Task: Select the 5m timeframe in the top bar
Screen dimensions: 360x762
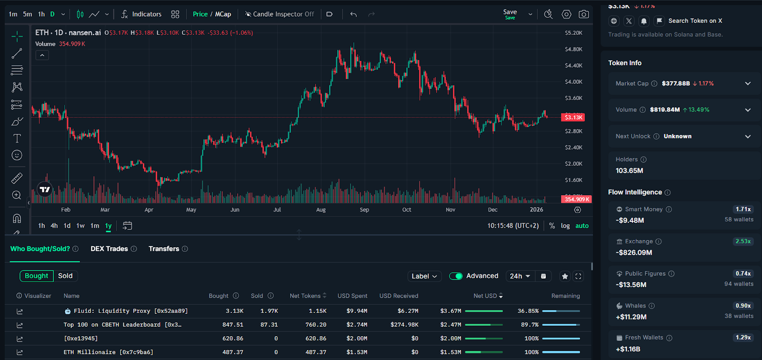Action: (28, 14)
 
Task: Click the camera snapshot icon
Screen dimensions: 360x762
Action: (583, 14)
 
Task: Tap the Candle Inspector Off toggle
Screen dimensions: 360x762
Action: (280, 14)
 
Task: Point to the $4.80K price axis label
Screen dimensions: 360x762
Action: (573, 50)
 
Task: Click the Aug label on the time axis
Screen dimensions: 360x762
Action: (321, 210)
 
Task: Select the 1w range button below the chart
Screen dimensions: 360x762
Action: (80, 226)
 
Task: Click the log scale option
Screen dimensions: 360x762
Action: (565, 226)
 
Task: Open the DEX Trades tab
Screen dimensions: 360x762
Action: (110, 249)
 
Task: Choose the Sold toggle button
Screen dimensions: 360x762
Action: (65, 276)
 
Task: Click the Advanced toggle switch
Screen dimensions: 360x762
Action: (456, 276)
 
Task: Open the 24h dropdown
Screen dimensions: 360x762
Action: (520, 276)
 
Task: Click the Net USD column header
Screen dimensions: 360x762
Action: (485, 296)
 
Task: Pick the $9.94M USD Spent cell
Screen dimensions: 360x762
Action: (357, 311)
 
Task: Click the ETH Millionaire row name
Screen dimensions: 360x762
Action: (108, 352)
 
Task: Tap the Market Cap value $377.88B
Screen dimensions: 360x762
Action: (675, 83)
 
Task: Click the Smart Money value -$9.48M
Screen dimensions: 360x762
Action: (630, 220)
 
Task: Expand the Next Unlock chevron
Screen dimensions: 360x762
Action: (748, 137)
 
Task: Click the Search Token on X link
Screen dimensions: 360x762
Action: (695, 21)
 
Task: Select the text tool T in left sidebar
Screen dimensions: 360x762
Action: (17, 138)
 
